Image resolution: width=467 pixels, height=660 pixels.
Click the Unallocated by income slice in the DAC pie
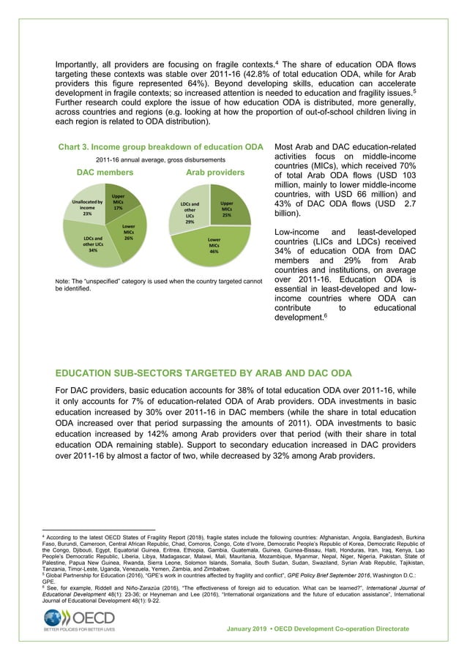(87, 209)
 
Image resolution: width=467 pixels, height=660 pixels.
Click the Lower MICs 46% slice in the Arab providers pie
(214, 244)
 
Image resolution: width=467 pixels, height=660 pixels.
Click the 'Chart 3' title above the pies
(161, 147)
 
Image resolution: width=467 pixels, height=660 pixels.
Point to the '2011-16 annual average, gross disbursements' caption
(160, 160)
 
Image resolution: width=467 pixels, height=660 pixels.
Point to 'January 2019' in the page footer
(252, 629)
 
